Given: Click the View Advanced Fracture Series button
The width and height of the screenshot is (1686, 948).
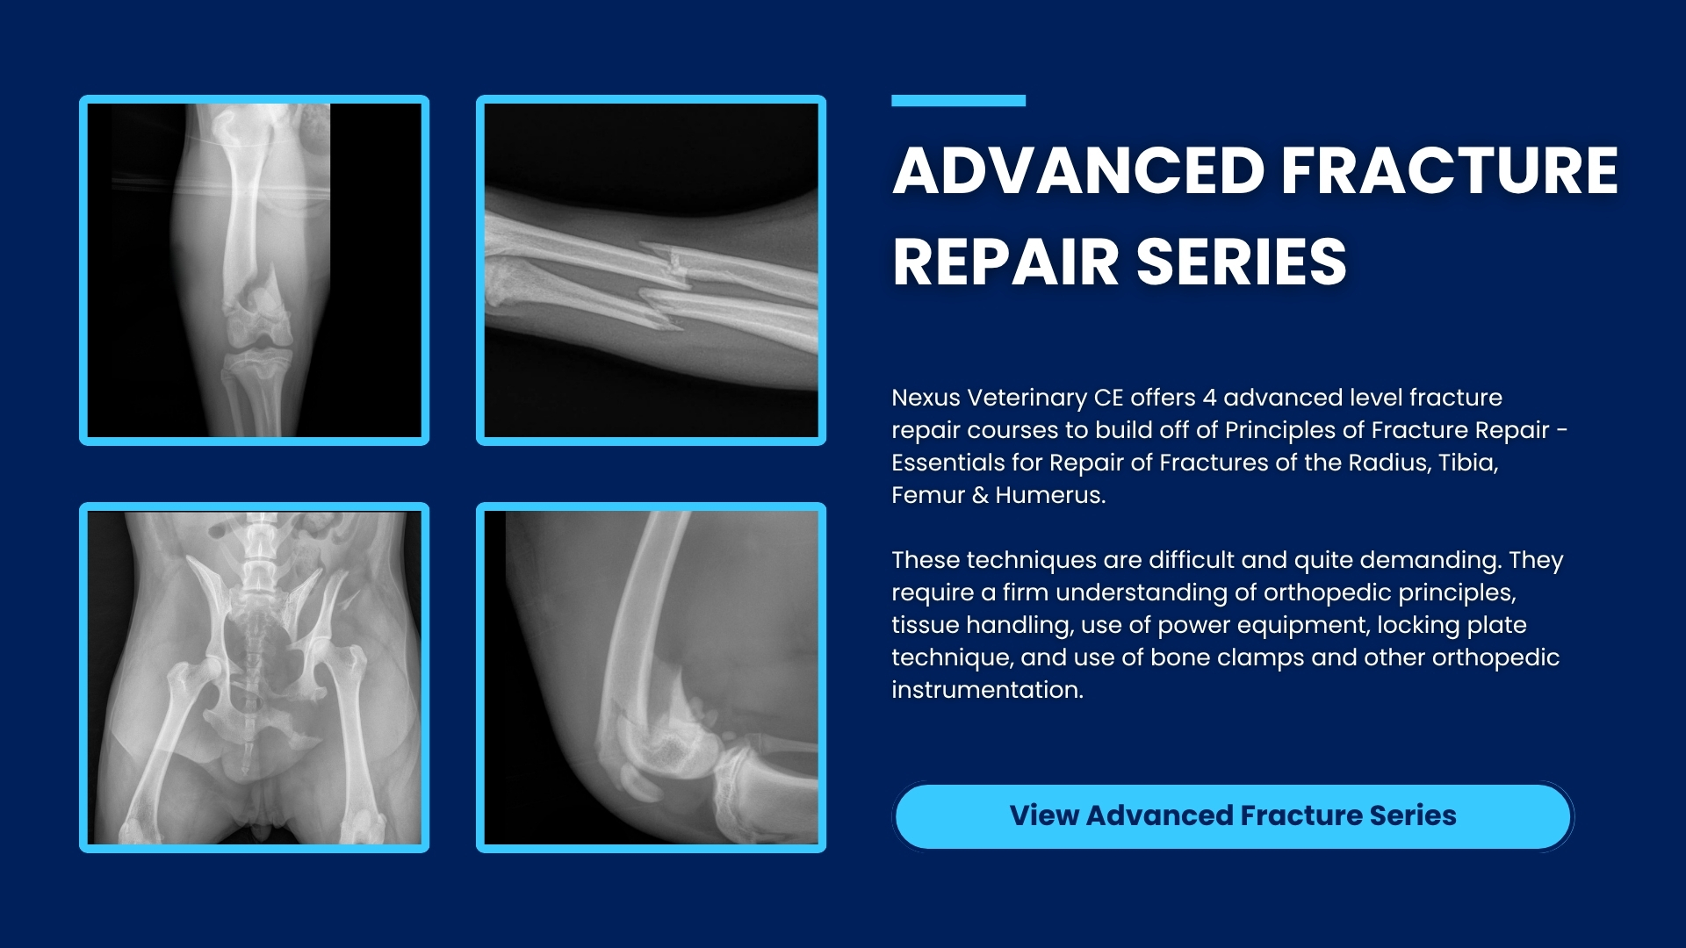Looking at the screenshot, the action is click(x=1233, y=816).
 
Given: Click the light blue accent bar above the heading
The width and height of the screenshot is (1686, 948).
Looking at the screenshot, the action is click(x=958, y=101).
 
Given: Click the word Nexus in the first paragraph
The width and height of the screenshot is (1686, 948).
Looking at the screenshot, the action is click(x=926, y=398).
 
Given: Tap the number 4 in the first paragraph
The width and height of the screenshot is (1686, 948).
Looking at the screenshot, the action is click(x=1209, y=398).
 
